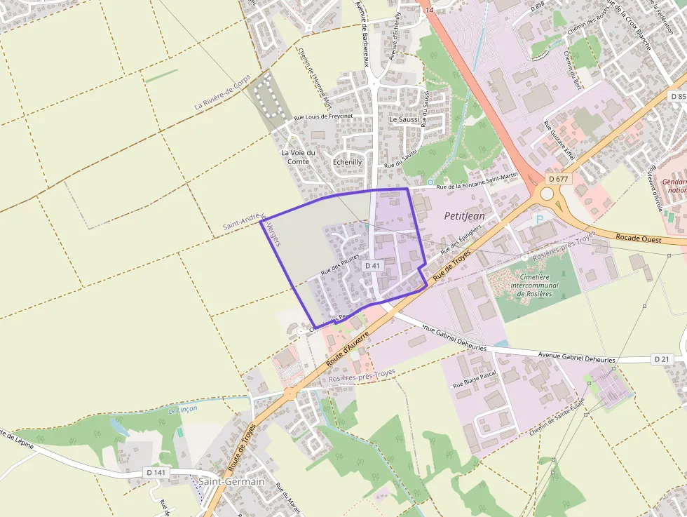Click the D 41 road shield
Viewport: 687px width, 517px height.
(x=372, y=266)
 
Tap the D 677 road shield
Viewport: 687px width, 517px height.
(x=558, y=179)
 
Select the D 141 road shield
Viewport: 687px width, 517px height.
(x=156, y=473)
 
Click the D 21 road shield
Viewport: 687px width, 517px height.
(x=662, y=359)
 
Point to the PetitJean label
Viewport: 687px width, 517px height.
(x=464, y=216)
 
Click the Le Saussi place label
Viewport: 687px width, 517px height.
(x=404, y=119)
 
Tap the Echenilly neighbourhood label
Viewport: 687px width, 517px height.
(x=347, y=161)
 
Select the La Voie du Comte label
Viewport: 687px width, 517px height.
(x=298, y=156)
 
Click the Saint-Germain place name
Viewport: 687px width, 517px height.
(x=231, y=481)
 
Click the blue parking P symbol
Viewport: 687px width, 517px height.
(x=539, y=220)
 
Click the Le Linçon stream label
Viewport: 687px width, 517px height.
(x=183, y=408)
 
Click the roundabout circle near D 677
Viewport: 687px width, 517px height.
(x=547, y=194)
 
